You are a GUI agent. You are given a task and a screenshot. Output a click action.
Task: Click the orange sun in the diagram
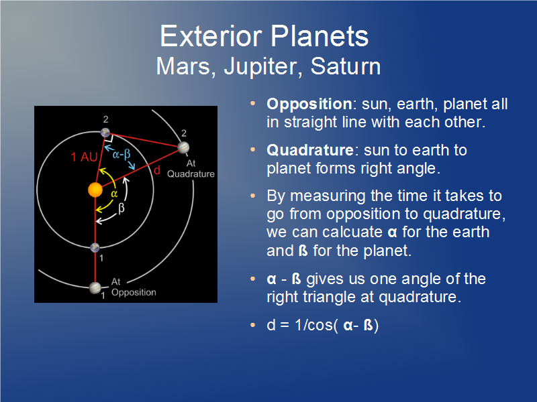pos(95,190)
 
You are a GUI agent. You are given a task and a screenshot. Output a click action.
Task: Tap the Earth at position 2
pos(105,133)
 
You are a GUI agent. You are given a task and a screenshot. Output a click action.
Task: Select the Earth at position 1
pos(95,247)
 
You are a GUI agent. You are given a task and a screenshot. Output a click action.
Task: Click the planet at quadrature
pos(183,147)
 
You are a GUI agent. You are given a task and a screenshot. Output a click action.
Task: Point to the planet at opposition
pos(95,288)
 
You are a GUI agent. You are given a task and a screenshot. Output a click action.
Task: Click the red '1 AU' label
pos(85,157)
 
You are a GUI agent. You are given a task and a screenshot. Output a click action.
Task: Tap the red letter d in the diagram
pos(157,170)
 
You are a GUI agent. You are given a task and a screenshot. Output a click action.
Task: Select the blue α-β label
pos(121,154)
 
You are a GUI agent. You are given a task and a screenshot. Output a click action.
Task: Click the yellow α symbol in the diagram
pos(114,194)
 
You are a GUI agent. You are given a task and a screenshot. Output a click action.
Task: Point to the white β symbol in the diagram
pos(121,208)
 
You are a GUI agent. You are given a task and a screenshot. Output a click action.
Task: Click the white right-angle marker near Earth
pos(109,138)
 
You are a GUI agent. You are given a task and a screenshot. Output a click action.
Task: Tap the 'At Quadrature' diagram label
pos(191,169)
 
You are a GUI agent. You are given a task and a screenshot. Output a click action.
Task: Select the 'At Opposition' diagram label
pos(134,287)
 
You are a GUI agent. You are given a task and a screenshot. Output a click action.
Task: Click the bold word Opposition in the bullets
pos(309,104)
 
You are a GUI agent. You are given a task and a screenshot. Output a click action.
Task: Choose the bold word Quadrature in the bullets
pos(310,150)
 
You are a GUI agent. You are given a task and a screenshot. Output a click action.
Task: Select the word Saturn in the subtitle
pos(346,66)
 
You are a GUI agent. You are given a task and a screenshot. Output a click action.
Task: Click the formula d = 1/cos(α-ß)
pos(323,325)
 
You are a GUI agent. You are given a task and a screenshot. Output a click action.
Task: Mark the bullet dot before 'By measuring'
pos(253,196)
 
